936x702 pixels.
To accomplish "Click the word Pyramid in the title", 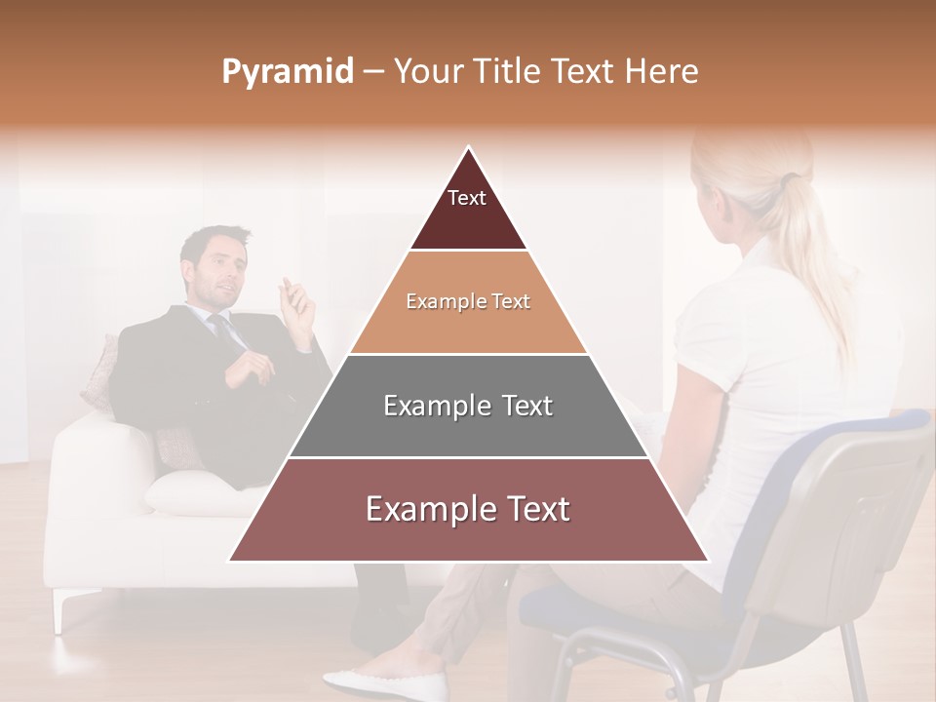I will point(287,72).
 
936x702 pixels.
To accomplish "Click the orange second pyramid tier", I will point(468,302).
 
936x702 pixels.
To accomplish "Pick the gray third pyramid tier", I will point(468,406).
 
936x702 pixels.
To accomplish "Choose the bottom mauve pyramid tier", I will point(468,509).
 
